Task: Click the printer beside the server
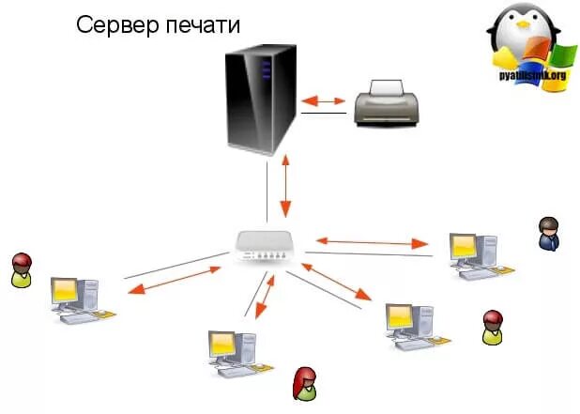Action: [x=386, y=104]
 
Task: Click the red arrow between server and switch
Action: [x=285, y=188]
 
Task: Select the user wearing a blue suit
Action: [x=548, y=234]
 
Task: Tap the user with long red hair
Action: [x=305, y=383]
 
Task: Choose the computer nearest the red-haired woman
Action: [x=230, y=353]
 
